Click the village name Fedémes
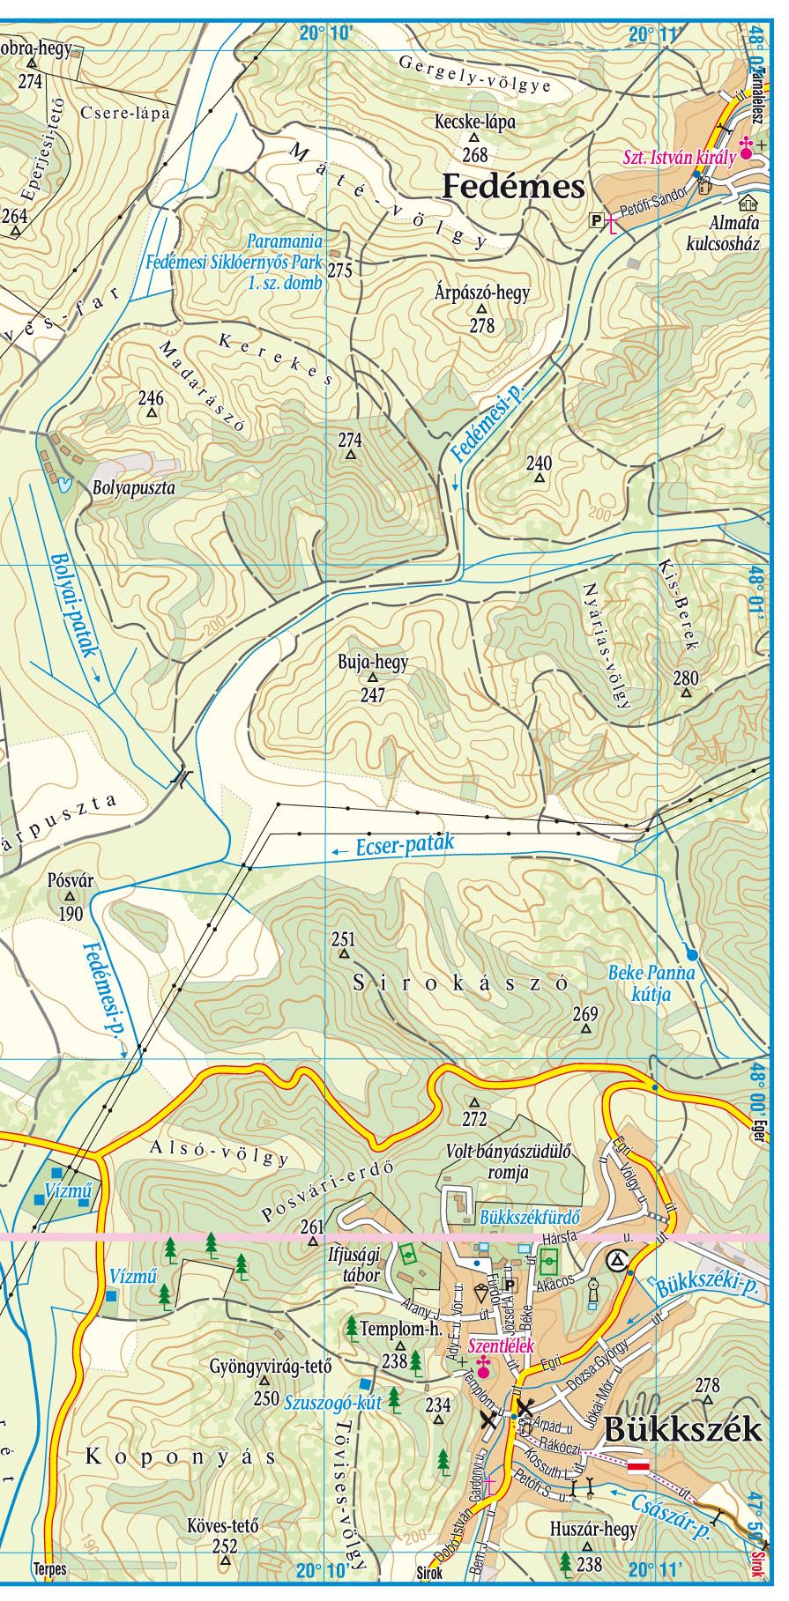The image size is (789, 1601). click(x=512, y=187)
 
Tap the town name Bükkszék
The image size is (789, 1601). click(x=683, y=1428)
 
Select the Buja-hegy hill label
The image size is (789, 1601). click(x=373, y=662)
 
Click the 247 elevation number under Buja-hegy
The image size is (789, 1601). click(x=373, y=694)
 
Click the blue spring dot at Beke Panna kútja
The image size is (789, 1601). click(x=692, y=954)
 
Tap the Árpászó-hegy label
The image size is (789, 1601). click(x=483, y=293)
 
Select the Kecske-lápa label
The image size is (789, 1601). click(x=475, y=122)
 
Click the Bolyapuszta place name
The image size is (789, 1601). click(x=133, y=486)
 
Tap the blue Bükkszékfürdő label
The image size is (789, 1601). click(x=531, y=1218)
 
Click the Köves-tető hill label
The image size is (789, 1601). click(x=224, y=1525)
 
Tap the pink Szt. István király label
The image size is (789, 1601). click(x=679, y=159)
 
